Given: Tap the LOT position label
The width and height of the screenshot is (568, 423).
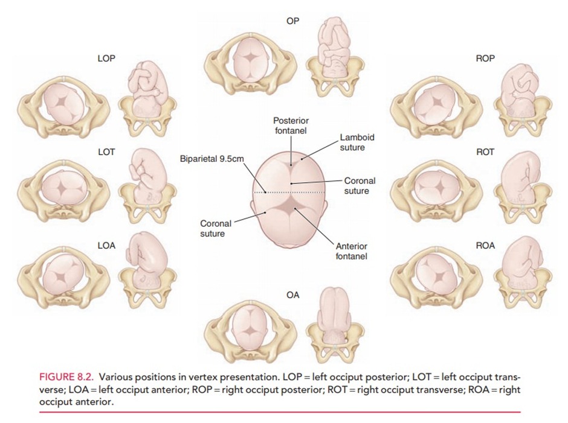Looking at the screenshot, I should coord(106,152).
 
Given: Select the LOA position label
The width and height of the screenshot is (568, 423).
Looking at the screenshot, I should coord(106,246).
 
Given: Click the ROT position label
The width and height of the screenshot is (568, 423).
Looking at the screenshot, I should coord(485,152).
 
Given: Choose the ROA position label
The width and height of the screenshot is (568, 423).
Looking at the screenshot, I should coord(485,246).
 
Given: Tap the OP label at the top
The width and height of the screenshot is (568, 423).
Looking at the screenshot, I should coord(293,21).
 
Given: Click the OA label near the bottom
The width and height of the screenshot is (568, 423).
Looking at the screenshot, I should coord(293,295).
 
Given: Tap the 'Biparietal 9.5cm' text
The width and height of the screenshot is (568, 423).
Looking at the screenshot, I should coord(211,159).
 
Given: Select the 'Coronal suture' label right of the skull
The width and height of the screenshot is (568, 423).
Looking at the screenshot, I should coord(360,185).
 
